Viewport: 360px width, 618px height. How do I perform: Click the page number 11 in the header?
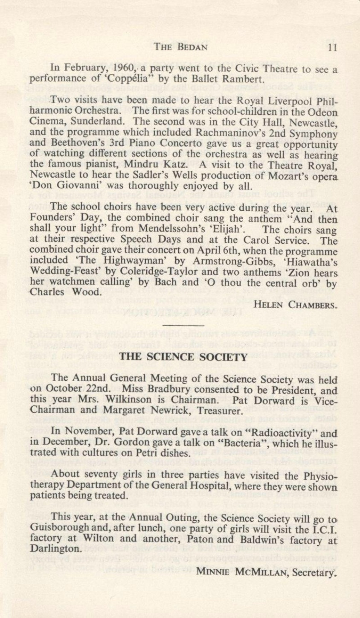point(333,47)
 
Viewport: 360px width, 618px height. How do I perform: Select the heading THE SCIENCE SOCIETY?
point(183,357)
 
